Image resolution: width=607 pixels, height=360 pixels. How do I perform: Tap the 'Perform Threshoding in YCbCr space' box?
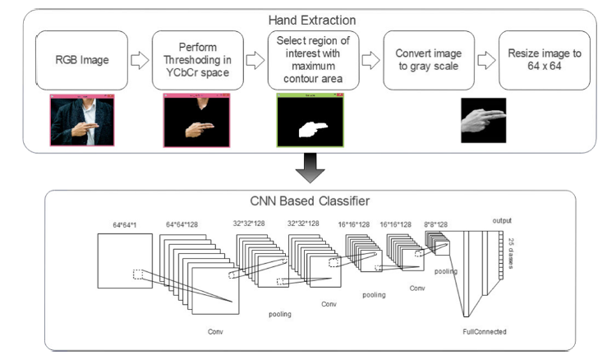(200, 60)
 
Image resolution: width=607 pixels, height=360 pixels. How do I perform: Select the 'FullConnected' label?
(485, 331)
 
